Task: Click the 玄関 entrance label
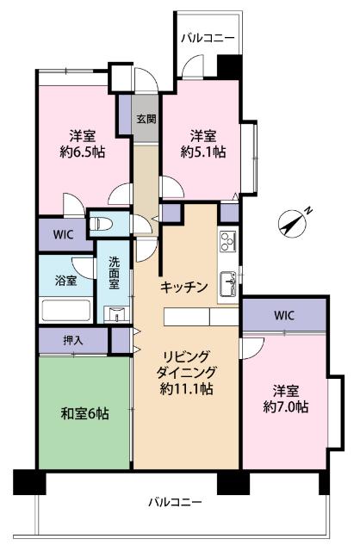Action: tap(146, 119)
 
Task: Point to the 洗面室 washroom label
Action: tap(114, 275)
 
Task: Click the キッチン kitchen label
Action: tap(183, 288)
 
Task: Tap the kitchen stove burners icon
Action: tap(228, 241)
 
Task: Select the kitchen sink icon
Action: tap(228, 282)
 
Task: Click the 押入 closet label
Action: tap(73, 340)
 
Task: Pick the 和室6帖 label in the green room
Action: tap(84, 414)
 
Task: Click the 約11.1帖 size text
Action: tap(188, 389)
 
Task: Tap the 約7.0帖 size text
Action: tap(283, 406)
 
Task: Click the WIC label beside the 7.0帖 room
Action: tap(284, 315)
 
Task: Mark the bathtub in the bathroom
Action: tap(66, 311)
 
